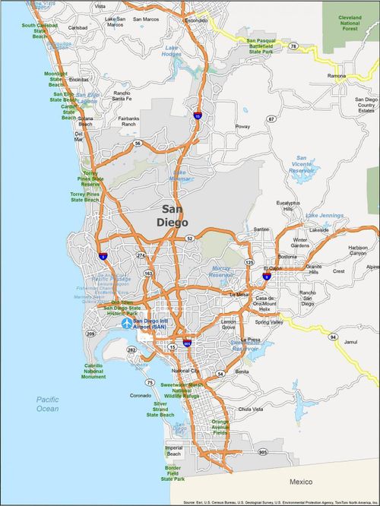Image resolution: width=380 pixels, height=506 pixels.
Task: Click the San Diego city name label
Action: pyautogui.click(x=176, y=214)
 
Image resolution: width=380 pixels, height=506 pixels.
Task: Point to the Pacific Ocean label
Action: pyautogui.click(x=46, y=403)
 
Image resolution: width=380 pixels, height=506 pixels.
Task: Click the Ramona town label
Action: pyautogui.click(x=337, y=77)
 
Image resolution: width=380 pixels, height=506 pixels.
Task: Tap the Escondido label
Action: pyautogui.click(x=195, y=21)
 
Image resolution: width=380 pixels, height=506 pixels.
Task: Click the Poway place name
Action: pyautogui.click(x=242, y=126)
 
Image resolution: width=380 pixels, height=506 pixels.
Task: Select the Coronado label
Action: pyautogui.click(x=141, y=395)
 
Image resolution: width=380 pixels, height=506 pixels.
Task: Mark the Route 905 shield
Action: pyautogui.click(x=263, y=452)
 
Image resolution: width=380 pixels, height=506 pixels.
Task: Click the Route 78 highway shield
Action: pyautogui.click(x=293, y=46)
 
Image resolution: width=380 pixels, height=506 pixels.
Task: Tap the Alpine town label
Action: pyautogui.click(x=372, y=267)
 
